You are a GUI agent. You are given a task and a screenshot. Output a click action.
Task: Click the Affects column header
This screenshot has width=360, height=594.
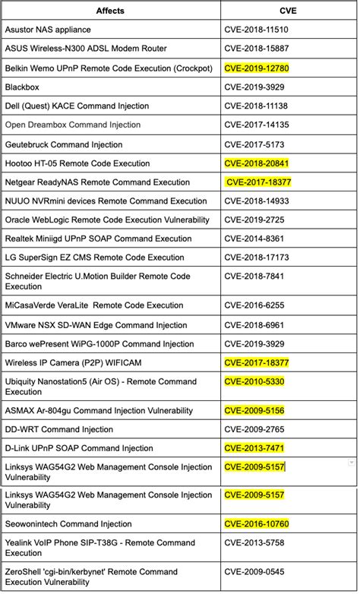pos(110,11)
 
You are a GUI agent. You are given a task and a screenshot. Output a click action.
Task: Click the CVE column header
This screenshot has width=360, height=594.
pos(288,11)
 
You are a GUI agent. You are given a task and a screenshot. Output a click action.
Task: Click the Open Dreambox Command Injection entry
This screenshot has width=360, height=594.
pos(73,125)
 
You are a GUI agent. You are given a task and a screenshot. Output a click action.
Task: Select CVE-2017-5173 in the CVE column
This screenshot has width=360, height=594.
pos(254,144)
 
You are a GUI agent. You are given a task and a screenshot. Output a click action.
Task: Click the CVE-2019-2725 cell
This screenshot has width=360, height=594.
pos(254,220)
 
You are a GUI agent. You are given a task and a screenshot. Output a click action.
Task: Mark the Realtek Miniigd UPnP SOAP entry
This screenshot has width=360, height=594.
pos(99,239)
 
